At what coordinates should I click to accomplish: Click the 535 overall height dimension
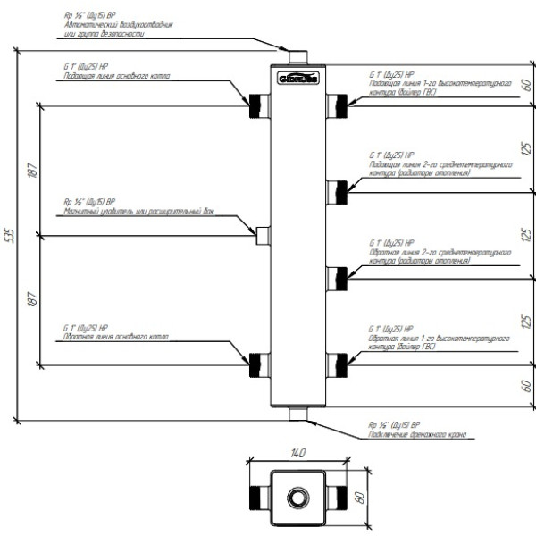tap(10, 236)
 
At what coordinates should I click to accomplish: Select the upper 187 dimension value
tap(32, 172)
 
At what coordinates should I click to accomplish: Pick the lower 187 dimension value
tap(32, 300)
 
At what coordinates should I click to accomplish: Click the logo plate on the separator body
tap(296, 79)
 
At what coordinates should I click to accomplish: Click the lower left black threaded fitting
tap(259, 364)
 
